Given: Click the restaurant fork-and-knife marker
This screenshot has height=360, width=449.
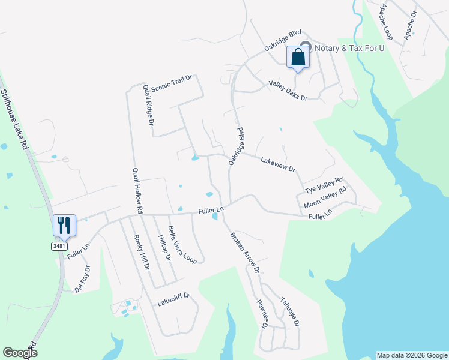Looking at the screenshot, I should tap(64, 225).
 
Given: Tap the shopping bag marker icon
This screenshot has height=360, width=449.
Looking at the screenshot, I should tap(298, 58).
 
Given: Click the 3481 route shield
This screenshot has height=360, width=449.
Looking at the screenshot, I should tap(59, 246).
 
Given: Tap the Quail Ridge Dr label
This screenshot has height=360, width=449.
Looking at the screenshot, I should tap(149, 104).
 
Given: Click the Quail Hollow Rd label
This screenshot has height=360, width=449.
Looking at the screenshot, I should tap(136, 191).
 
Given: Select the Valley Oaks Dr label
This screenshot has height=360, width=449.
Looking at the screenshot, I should tap(288, 91).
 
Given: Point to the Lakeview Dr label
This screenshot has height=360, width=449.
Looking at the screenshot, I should tap(278, 164).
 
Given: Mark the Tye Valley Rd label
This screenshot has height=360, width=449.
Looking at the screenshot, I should tap(324, 185).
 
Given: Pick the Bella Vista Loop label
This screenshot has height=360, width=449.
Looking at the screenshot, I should tap(182, 245).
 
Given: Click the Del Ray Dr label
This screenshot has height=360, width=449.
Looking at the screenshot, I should tap(83, 278).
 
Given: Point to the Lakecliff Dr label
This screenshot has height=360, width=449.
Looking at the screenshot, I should tap(173, 296).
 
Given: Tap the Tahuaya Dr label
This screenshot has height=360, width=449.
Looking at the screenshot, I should tap(289, 311).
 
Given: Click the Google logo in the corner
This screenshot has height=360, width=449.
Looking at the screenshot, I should tap(20, 353).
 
